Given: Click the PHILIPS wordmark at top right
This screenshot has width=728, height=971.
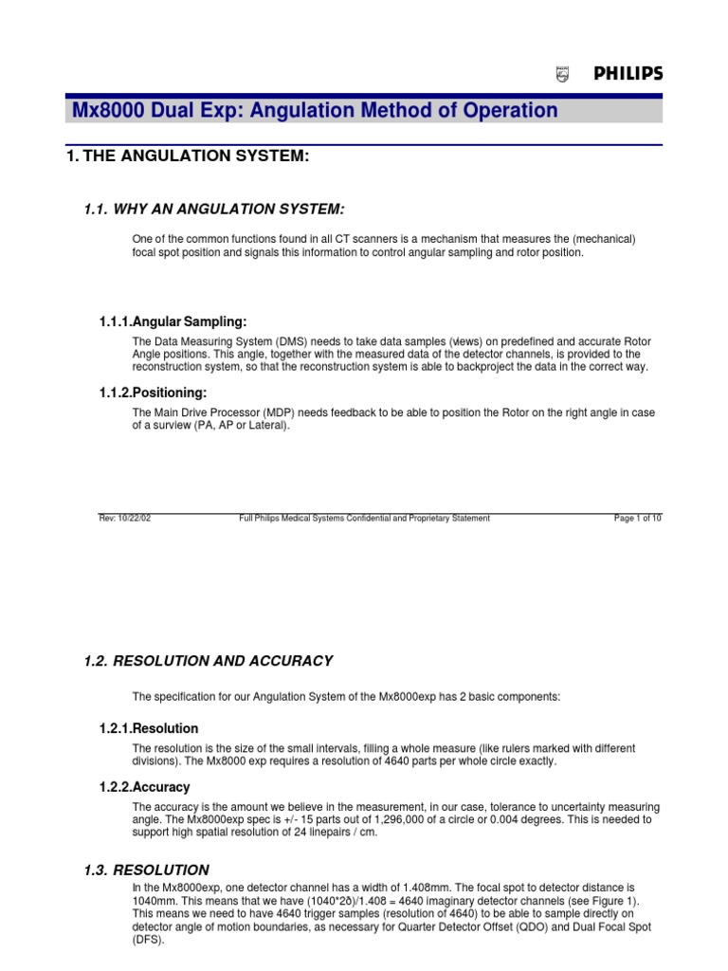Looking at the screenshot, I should tap(628, 74).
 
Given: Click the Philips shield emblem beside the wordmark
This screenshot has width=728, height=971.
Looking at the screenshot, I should tap(562, 75).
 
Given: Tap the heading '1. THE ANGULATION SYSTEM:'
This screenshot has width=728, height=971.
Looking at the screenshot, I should tap(188, 156).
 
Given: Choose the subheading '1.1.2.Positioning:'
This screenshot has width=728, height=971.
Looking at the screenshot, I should tap(153, 393).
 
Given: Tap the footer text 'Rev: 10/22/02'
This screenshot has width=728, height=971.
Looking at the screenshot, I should tap(124, 518).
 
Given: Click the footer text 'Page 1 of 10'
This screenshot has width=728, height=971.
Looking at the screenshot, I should tap(638, 518).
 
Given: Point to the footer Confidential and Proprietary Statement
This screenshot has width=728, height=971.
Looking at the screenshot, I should tap(364, 518).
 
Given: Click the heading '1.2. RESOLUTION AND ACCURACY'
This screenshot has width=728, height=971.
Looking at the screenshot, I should tap(209, 661).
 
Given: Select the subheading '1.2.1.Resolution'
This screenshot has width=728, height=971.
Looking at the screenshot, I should tap(149, 728).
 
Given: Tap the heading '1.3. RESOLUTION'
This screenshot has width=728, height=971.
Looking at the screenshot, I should tap(147, 870).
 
